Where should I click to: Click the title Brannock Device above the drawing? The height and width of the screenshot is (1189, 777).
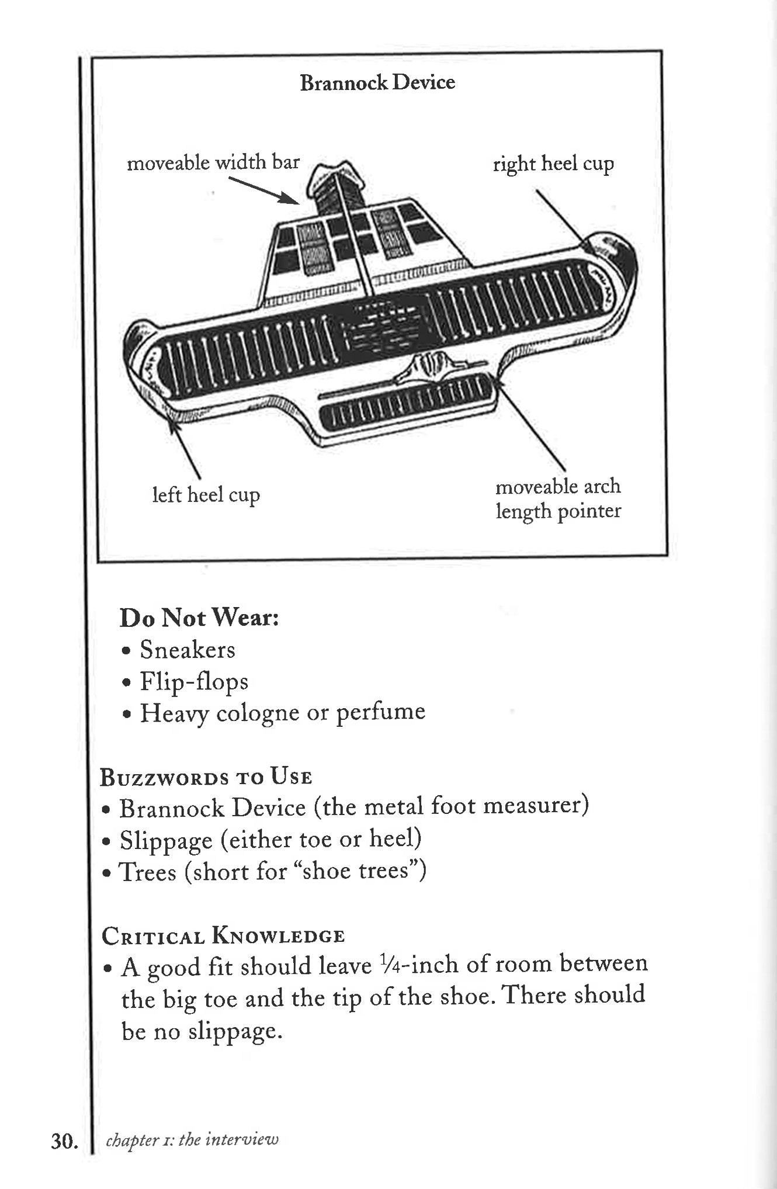(x=377, y=82)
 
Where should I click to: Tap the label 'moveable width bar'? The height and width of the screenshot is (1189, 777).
(x=213, y=162)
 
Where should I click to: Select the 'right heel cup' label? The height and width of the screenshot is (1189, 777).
(x=553, y=164)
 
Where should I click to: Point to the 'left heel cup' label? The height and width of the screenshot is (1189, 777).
(x=206, y=495)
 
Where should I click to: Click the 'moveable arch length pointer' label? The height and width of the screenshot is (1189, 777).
(x=558, y=498)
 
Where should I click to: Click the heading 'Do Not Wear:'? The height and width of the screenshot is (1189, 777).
(x=199, y=618)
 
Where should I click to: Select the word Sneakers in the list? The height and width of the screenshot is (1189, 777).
(x=187, y=650)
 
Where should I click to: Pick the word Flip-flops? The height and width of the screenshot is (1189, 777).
(x=194, y=682)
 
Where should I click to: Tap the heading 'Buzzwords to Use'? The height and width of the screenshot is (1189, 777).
(x=206, y=777)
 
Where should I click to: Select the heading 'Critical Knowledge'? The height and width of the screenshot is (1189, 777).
(x=223, y=936)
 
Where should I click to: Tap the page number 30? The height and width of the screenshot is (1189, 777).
(x=64, y=1141)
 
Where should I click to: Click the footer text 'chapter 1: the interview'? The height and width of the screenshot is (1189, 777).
(x=192, y=1139)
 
